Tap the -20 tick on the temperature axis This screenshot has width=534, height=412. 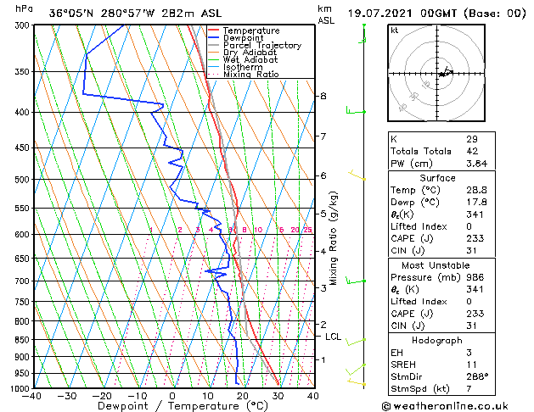(x=102, y=395)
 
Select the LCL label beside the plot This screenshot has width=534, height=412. (x=334, y=337)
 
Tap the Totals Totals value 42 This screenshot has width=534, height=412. (x=472, y=151)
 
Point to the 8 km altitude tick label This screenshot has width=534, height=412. (x=323, y=96)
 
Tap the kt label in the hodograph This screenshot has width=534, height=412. (x=395, y=30)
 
